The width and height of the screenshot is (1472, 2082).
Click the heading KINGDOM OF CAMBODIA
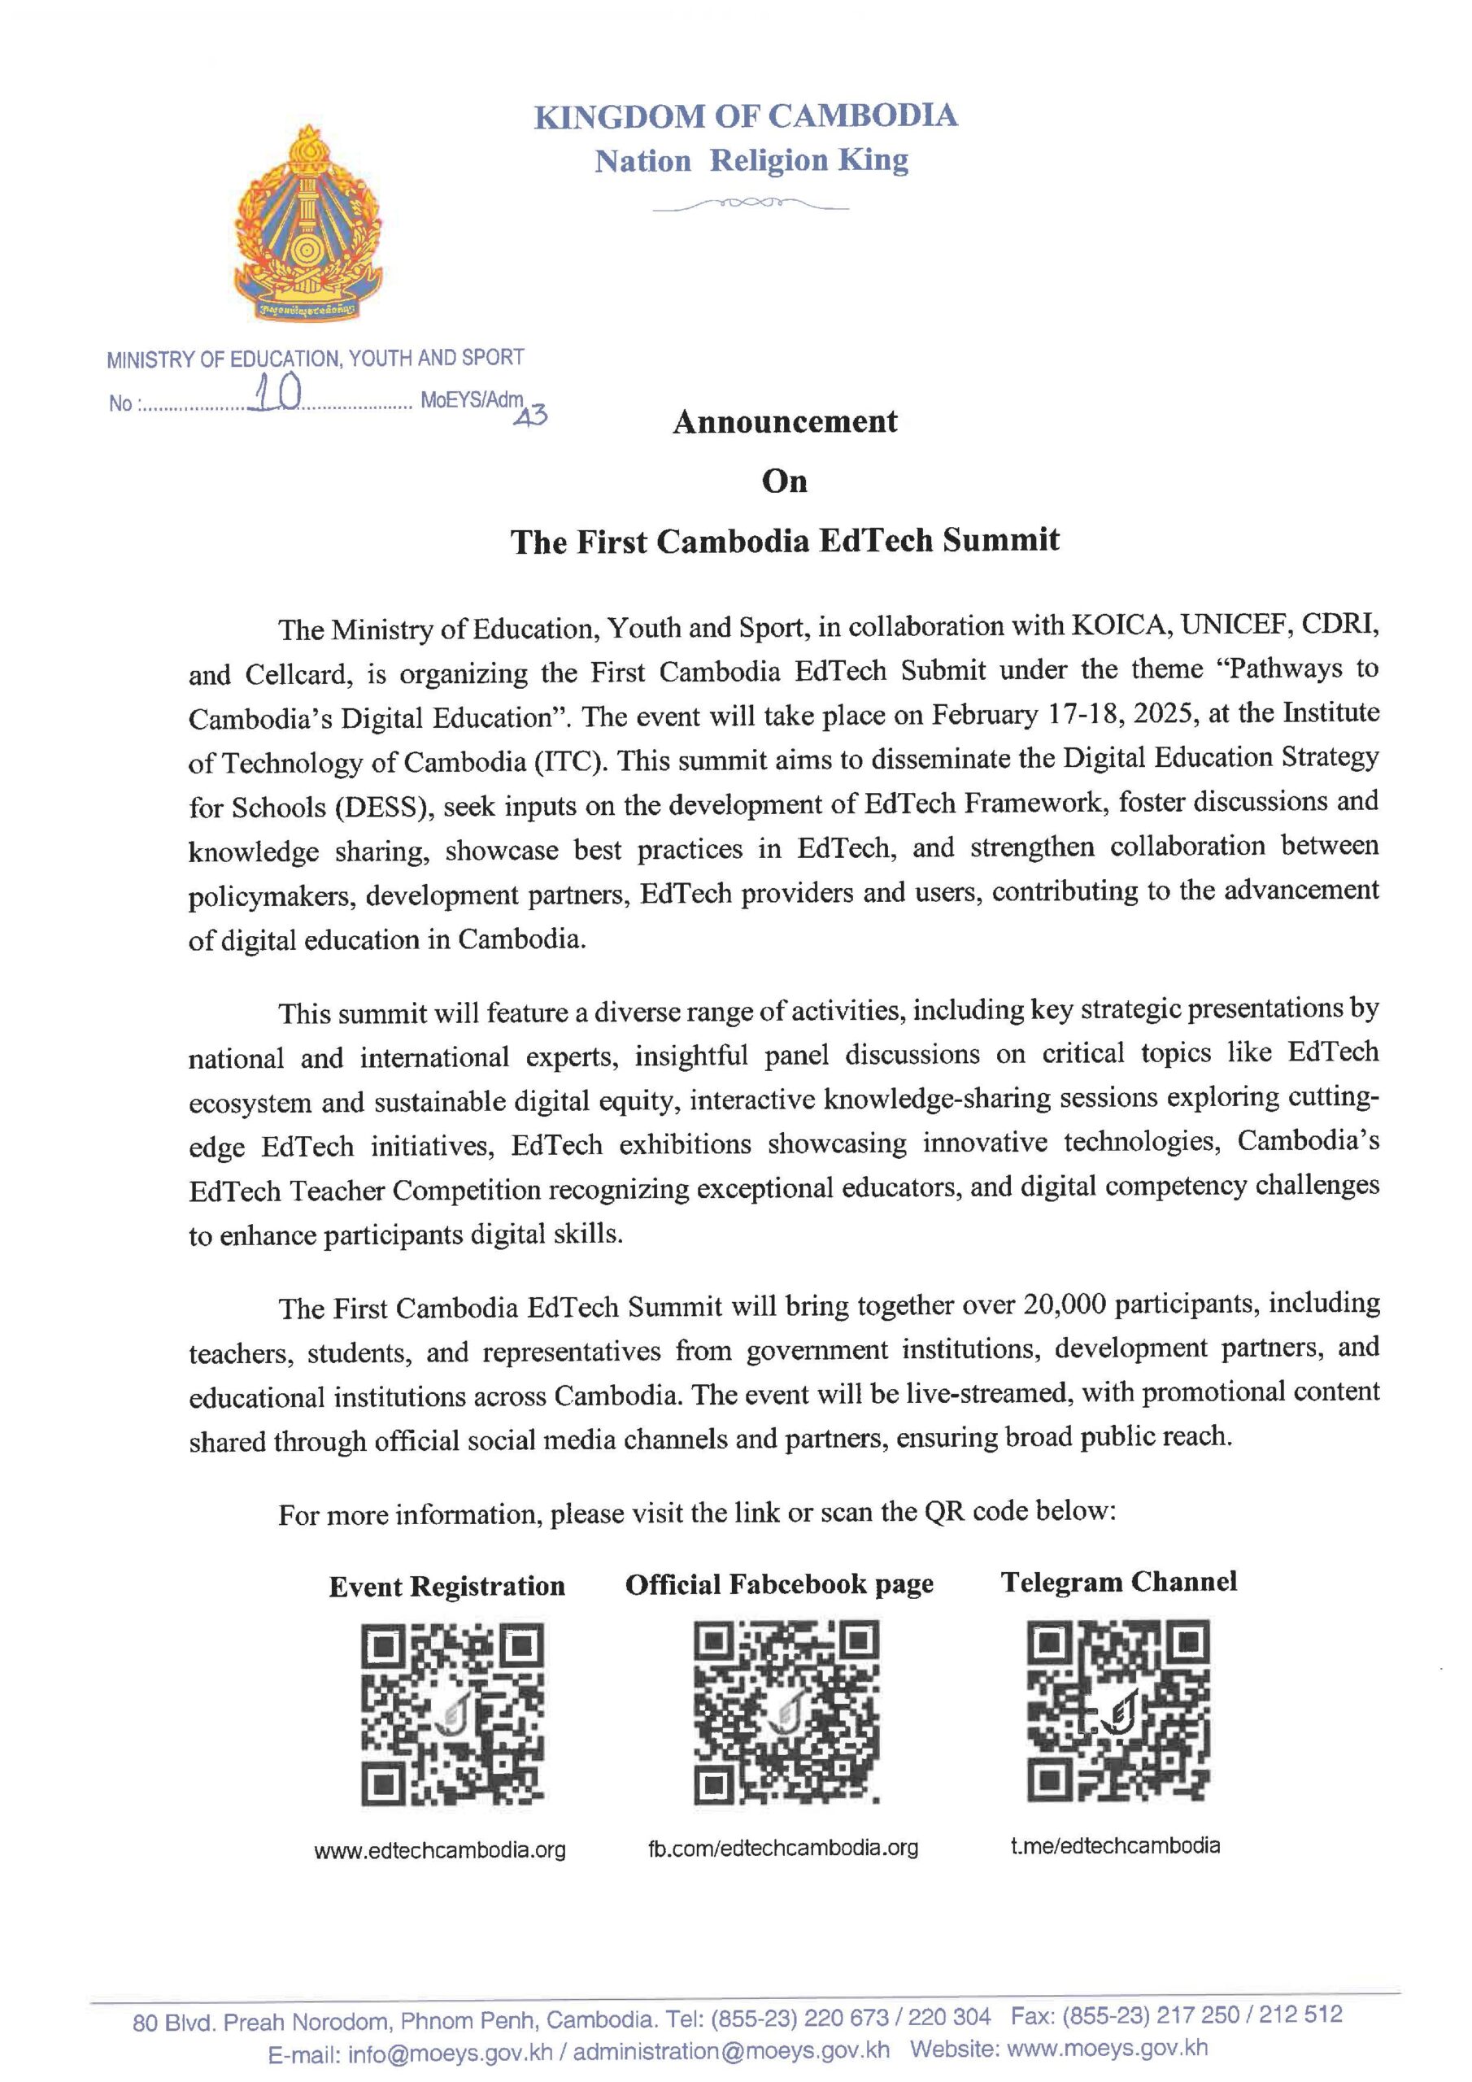coord(745,117)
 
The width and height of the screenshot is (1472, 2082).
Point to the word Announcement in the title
coord(785,421)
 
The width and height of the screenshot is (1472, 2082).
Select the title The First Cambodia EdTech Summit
coord(785,542)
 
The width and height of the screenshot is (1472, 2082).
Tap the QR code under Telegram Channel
coord(1117,1712)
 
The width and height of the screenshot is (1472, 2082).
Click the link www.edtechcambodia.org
coord(440,1851)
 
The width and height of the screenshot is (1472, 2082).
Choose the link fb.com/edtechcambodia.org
coord(782,1848)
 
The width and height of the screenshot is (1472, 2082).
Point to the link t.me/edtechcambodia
coord(1115,1845)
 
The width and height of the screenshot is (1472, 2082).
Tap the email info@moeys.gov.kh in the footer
coord(450,2052)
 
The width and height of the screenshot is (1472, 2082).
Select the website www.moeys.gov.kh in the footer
coord(1108,2048)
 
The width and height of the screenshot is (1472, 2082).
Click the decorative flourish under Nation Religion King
coord(750,205)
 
